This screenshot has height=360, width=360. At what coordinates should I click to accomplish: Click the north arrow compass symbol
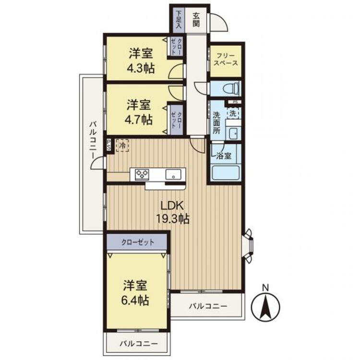265,307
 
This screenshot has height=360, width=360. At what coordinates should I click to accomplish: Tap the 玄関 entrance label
196,19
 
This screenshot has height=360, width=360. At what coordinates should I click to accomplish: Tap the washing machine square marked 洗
233,114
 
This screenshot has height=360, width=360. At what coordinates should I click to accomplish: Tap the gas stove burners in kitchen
142,174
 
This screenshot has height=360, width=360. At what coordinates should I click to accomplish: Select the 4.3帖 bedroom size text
141,68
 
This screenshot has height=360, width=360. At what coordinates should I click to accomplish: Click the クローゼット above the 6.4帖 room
137,242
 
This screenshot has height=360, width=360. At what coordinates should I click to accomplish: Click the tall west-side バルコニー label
92,143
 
